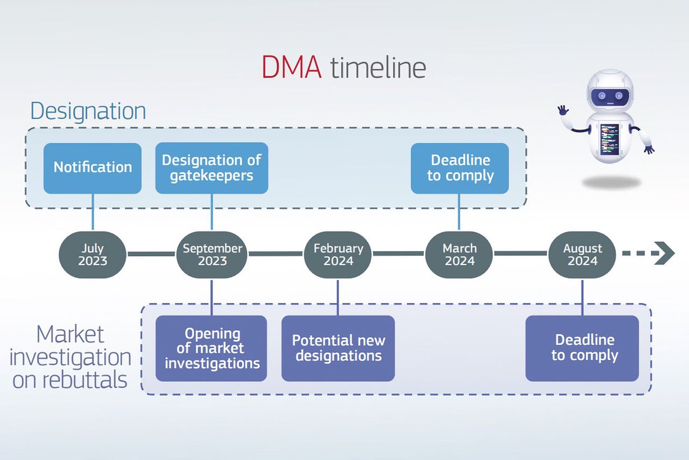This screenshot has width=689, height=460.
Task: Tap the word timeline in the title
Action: pos(378,68)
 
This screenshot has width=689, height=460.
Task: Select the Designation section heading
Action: pos(88,111)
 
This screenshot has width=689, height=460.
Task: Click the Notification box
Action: pos(93,168)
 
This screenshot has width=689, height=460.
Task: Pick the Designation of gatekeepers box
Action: pos(212,168)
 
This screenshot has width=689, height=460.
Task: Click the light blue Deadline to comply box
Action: pos(460,168)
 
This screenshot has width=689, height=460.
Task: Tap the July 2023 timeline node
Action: pos(93,255)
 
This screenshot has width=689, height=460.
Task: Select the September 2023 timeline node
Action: pos(212,255)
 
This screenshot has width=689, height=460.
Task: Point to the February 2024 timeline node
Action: pos(338,255)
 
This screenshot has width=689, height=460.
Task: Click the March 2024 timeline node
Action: pos(460,255)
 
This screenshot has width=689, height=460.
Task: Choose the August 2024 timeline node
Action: pos(582,255)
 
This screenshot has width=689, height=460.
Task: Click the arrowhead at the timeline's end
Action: pos(665,254)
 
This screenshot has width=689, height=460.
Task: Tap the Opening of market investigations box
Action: pos(212,348)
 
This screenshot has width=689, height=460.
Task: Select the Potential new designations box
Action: pos(338,348)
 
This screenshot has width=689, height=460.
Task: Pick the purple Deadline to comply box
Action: pos(582,348)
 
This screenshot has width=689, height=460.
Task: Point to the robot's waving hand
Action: pos(563,110)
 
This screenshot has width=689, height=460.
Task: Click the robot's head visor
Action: pos(610,96)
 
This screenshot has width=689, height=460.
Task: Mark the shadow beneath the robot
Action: pos(611,182)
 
